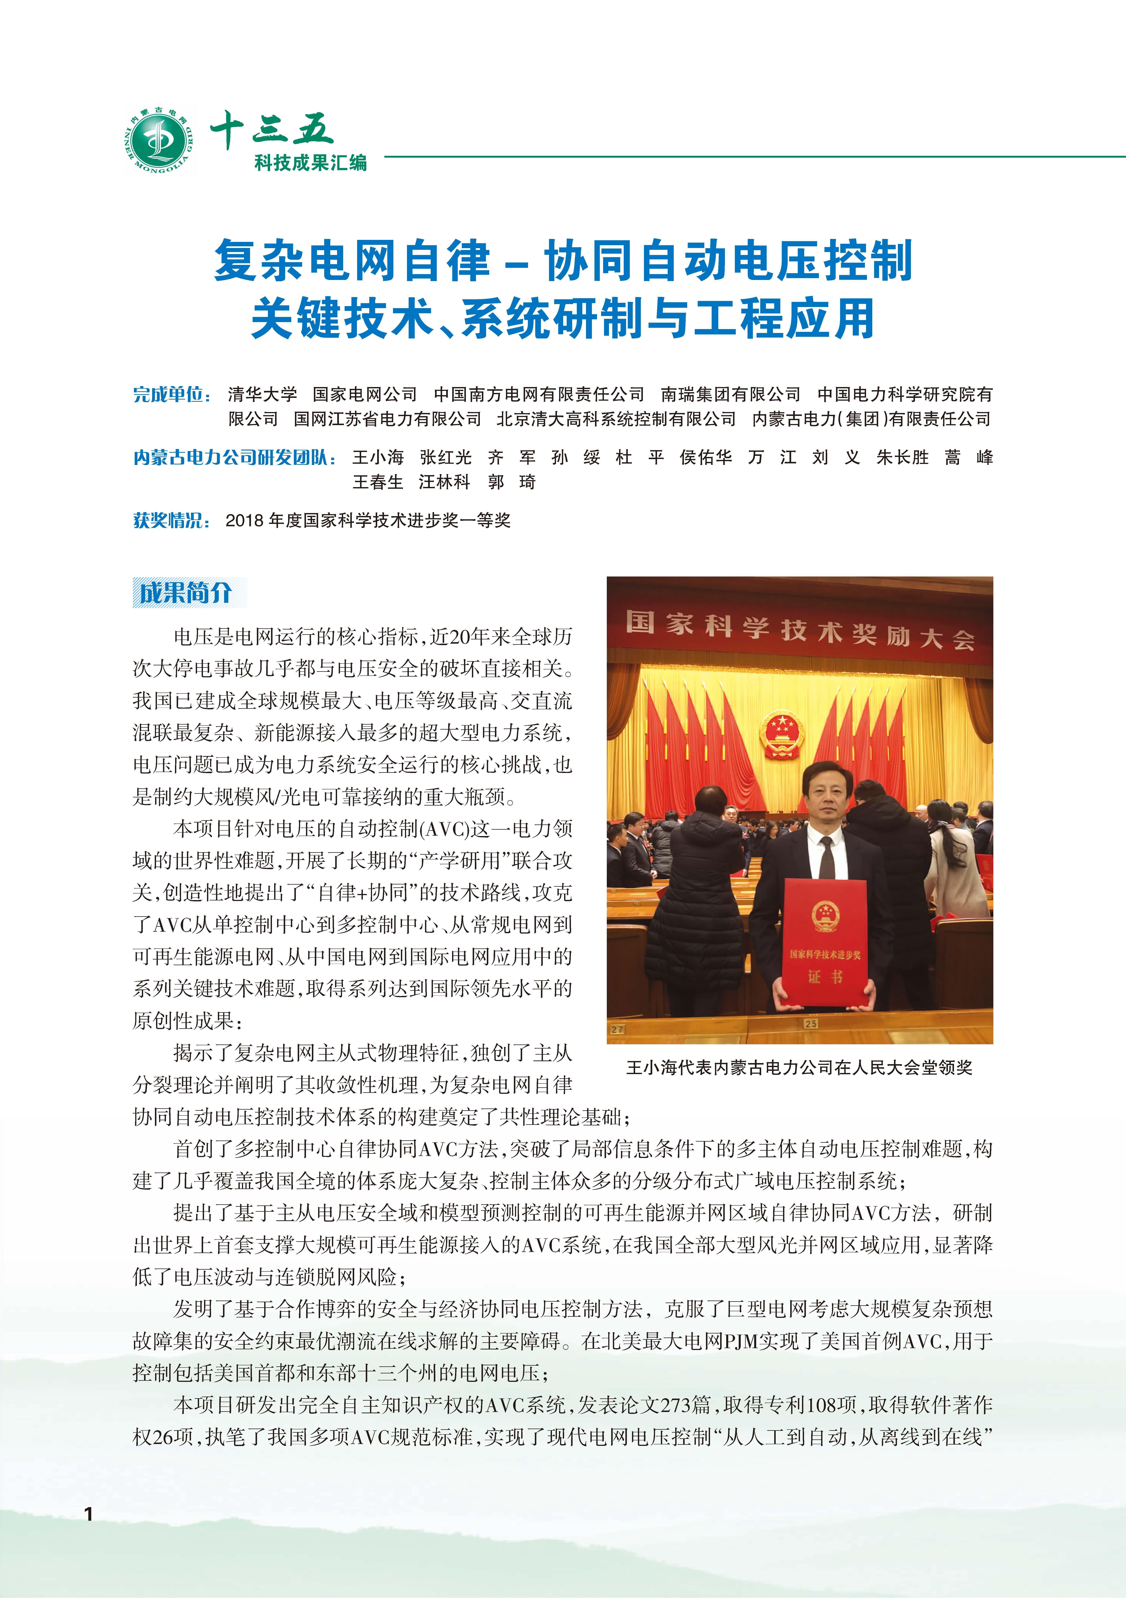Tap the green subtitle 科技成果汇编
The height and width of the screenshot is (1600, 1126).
click(310, 163)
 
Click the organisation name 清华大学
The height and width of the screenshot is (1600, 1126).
click(262, 394)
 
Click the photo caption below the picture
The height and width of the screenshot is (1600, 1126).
click(799, 1068)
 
